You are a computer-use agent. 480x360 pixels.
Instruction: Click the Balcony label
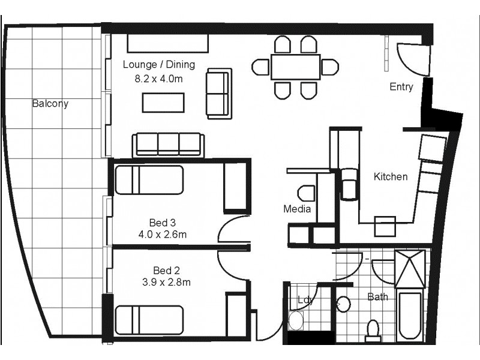50,103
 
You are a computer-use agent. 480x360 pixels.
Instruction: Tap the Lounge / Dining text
158,65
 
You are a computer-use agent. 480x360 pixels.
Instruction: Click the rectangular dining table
295,67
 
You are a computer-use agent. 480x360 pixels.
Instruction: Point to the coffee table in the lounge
164,103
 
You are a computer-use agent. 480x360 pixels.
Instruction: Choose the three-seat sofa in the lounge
169,145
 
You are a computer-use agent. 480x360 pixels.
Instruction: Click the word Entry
401,87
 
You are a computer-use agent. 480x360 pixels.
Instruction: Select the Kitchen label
391,176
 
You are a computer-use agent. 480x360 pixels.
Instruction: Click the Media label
297,209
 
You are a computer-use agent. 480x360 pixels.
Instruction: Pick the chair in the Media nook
306,193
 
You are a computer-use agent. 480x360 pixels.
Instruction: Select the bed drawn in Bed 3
149,181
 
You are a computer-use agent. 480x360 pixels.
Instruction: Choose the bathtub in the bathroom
411,316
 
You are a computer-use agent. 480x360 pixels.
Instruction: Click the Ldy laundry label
306,301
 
